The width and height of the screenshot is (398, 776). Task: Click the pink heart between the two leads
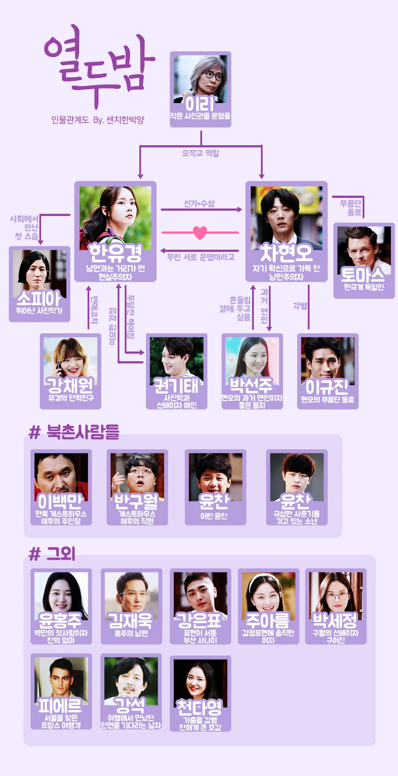click(x=200, y=232)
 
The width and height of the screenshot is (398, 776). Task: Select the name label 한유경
click(x=115, y=253)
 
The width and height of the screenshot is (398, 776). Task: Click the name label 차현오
click(x=286, y=253)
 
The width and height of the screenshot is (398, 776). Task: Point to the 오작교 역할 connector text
click(x=201, y=153)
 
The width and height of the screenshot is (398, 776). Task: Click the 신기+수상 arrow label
click(x=199, y=204)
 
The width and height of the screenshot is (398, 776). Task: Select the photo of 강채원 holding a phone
click(x=70, y=359)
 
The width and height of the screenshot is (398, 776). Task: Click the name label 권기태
click(x=176, y=386)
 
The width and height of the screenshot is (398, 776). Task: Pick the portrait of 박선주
click(x=252, y=359)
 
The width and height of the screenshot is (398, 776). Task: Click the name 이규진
click(x=327, y=387)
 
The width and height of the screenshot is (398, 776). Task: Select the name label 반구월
click(x=137, y=501)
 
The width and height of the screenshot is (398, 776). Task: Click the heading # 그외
click(x=52, y=554)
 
